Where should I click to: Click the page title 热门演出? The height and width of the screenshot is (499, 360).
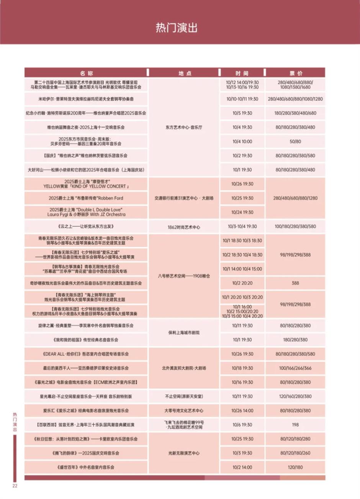click(x=176, y=28)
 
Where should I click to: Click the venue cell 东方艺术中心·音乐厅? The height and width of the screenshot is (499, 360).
click(x=184, y=127)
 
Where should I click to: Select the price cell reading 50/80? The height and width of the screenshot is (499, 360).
click(x=295, y=141)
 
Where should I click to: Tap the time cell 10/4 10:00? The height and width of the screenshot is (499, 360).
click(x=242, y=141)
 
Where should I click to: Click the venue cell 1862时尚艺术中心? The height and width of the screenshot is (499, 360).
click(x=184, y=227)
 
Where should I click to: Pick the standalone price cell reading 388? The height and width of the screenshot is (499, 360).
click(x=295, y=283)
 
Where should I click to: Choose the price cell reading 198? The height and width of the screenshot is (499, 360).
click(x=295, y=425)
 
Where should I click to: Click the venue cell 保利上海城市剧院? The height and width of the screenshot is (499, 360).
click(x=184, y=333)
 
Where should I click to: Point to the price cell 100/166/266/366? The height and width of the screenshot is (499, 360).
click(x=295, y=368)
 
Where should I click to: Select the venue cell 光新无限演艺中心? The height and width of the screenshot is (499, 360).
click(x=184, y=453)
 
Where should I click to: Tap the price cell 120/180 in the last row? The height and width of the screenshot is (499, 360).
click(x=295, y=467)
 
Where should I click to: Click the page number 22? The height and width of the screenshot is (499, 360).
click(x=15, y=486)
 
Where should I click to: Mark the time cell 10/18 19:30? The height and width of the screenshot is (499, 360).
click(x=242, y=368)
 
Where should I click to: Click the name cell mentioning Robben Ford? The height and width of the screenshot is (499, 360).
click(x=86, y=198)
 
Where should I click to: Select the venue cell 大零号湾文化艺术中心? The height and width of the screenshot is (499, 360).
click(x=184, y=410)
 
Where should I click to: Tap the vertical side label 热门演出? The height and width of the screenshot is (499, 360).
click(x=15, y=422)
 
